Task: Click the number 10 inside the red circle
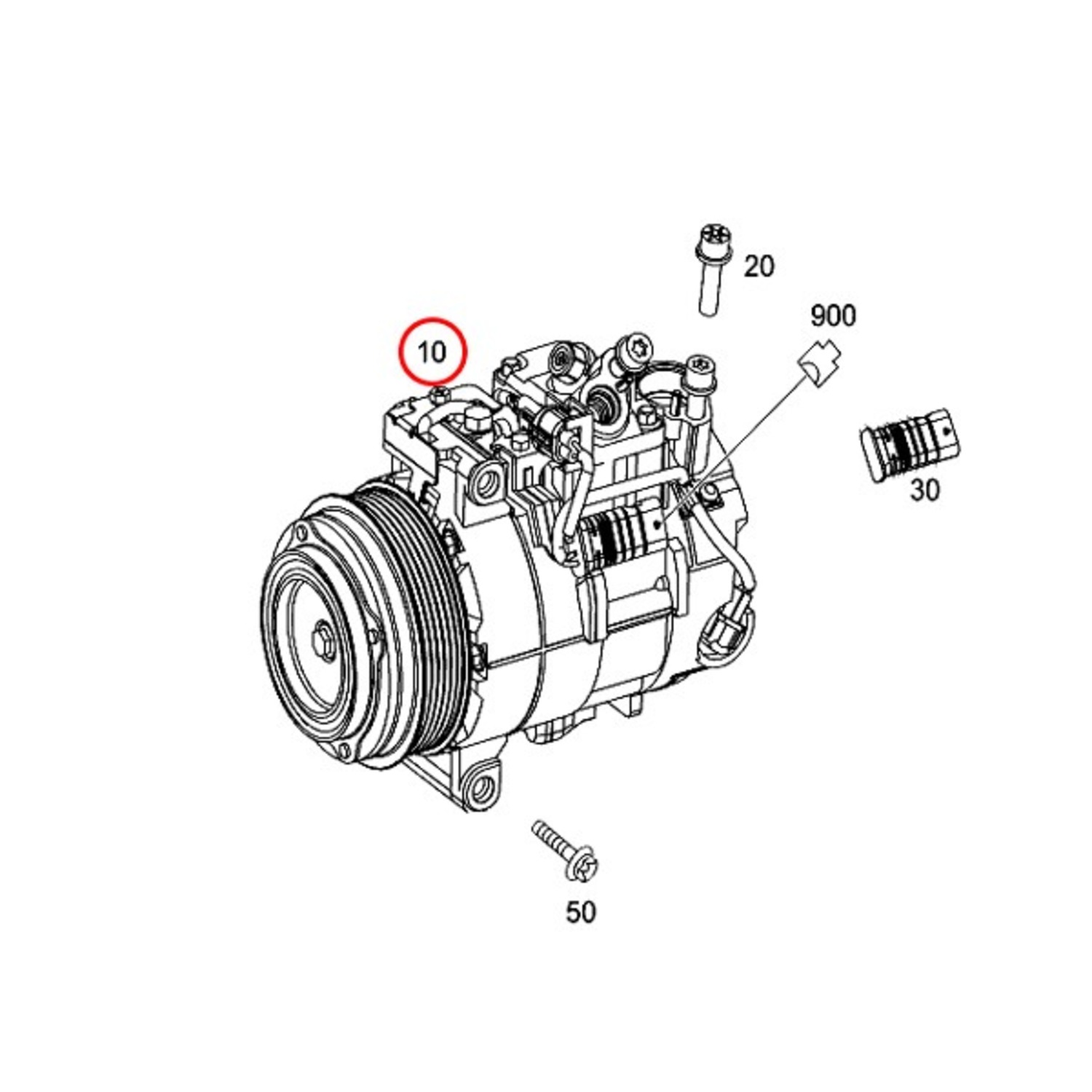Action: click(x=431, y=352)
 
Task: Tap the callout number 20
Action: click(x=759, y=266)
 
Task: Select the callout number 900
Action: click(x=834, y=315)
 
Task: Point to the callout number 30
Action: click(x=925, y=490)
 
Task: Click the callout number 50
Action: click(x=581, y=911)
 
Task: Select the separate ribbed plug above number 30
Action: click(x=910, y=442)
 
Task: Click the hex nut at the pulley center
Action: click(x=321, y=637)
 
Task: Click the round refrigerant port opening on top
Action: click(x=603, y=399)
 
